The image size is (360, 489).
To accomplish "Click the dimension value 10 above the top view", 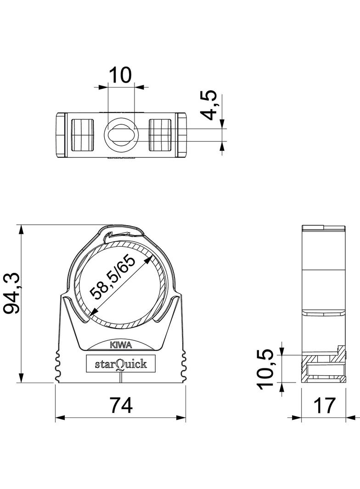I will [120, 74].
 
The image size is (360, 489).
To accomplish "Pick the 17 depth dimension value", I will [324, 406].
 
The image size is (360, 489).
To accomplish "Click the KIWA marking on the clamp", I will [121, 345].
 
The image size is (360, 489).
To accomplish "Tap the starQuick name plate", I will [121, 364].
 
